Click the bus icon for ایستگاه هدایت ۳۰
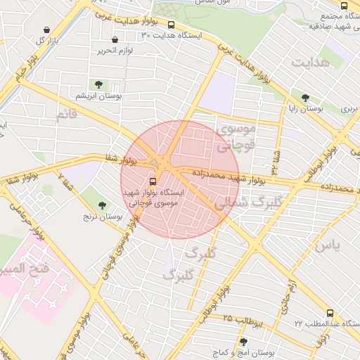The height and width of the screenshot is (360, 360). [x=171, y=25]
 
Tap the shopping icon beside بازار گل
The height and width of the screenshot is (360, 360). [x=46, y=30]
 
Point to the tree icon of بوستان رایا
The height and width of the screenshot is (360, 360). [x=304, y=99]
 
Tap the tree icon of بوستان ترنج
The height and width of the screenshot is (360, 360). [x=103, y=205]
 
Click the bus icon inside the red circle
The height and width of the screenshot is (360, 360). [x=153, y=179]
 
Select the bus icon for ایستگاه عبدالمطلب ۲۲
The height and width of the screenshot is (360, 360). [x=330, y=313]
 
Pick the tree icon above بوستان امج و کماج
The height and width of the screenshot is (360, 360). [x=243, y=341]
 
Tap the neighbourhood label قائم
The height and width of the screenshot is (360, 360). [x=65, y=114]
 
